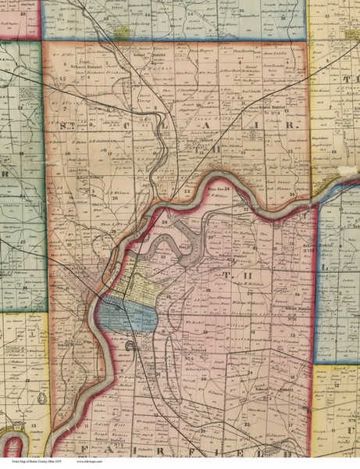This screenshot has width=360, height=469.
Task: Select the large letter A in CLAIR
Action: [244, 124]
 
